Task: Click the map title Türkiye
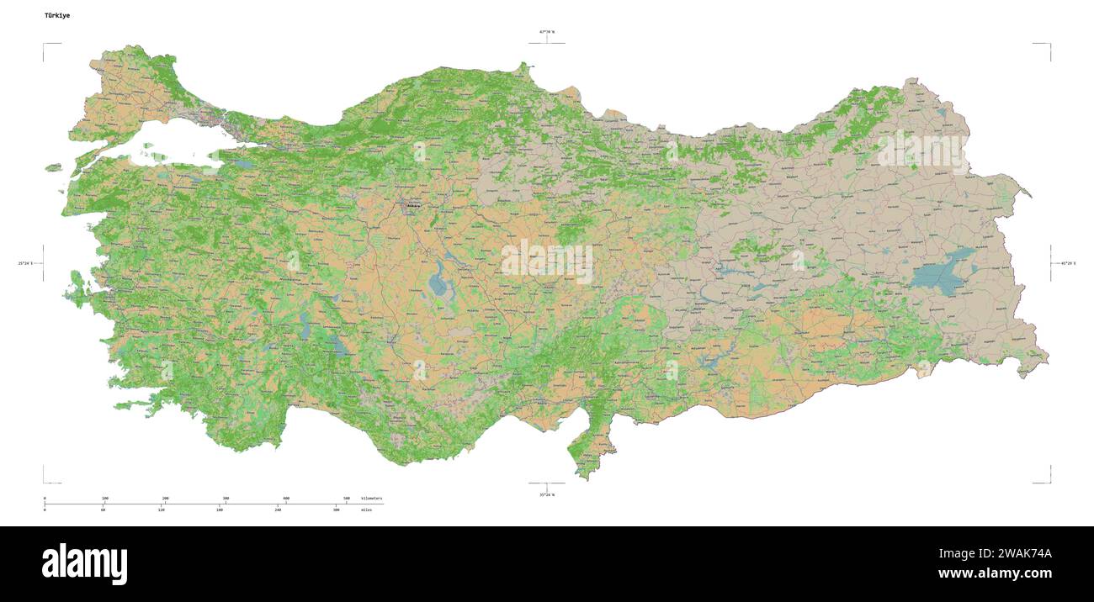point(58,15)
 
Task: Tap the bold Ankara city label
point(413,204)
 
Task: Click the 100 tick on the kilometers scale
point(105,499)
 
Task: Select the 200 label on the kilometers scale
point(166,499)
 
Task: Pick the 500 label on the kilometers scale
point(347,499)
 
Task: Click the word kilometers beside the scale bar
point(371,499)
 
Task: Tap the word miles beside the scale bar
point(366,510)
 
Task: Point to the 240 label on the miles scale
point(279,510)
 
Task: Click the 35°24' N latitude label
point(547,494)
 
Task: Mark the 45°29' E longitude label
point(1068,263)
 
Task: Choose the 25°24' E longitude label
point(26,263)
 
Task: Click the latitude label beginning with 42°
point(547,32)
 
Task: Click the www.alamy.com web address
point(995,573)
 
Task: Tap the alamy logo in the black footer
point(84,563)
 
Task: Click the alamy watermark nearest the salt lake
point(547,261)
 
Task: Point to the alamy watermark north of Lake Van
point(923,152)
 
